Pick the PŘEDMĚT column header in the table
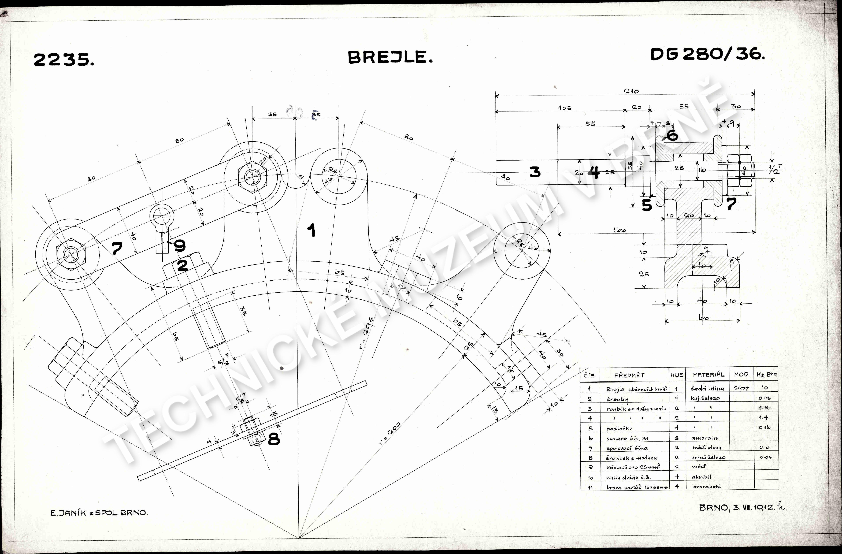tap(629, 375)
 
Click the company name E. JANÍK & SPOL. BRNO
tap(99, 513)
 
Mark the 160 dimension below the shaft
tap(619, 230)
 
